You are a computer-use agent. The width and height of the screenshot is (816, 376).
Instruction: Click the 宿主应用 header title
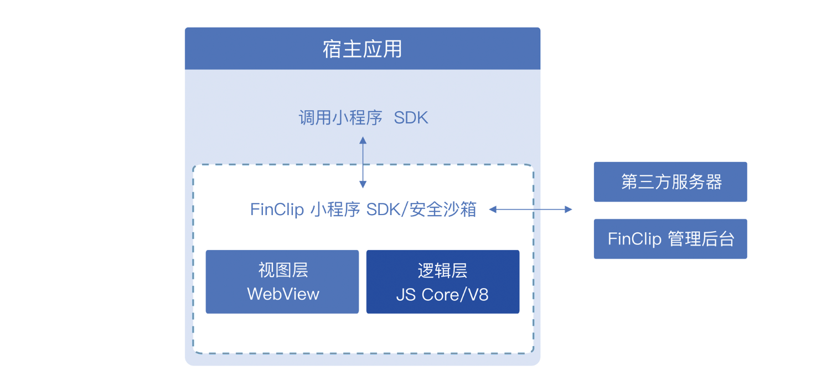tap(362, 49)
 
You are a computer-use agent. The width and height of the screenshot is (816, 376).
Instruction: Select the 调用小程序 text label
tap(340, 118)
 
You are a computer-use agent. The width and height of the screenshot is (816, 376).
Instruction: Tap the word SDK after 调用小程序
tap(411, 118)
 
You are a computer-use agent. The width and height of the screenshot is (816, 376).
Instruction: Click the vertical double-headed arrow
tap(363, 163)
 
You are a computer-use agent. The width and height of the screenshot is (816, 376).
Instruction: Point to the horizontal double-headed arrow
tap(530, 210)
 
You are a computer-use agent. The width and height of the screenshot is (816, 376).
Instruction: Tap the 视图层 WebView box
tap(282, 281)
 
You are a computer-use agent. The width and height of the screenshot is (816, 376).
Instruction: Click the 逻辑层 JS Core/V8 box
tap(443, 281)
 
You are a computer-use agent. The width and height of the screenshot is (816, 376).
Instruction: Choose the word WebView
tap(283, 294)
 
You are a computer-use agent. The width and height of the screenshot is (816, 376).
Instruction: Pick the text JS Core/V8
tap(442, 294)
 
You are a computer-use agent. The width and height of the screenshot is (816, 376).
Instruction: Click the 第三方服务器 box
tap(670, 182)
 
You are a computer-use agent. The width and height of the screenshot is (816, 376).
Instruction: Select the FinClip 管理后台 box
tap(670, 239)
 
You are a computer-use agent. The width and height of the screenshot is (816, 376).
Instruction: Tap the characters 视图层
tap(283, 270)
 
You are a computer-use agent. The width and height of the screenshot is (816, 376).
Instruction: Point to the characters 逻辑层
tap(442, 270)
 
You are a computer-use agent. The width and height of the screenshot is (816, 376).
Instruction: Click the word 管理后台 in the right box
tap(701, 239)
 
